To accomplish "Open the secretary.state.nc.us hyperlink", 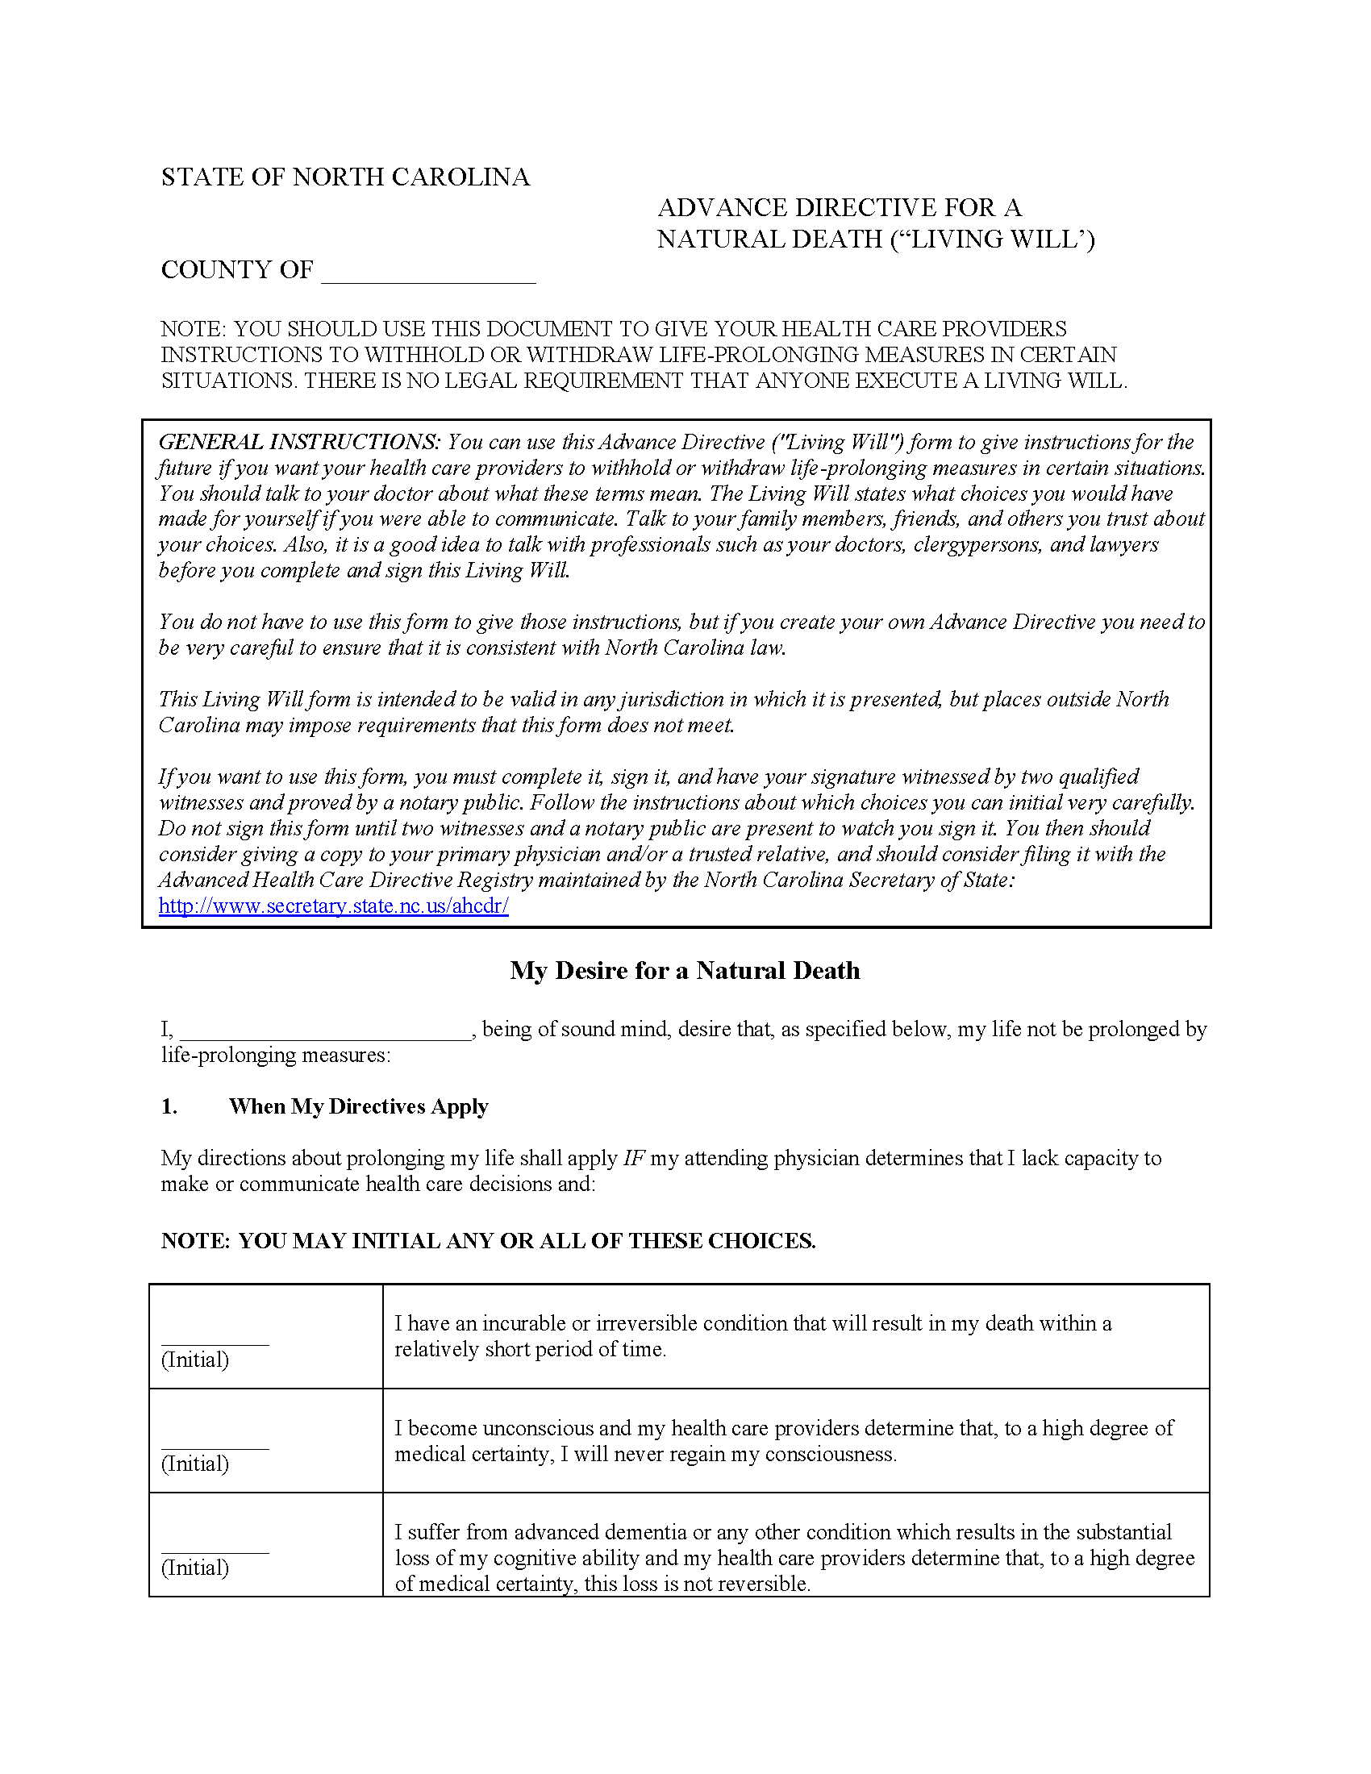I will click(333, 906).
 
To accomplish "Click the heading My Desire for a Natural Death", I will click(685, 971).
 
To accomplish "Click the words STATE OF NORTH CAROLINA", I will click(345, 177).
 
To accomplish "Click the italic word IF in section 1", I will click(634, 1158).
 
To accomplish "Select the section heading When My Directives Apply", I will click(358, 1106).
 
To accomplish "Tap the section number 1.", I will click(169, 1106).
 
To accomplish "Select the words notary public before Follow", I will click(462, 802).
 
